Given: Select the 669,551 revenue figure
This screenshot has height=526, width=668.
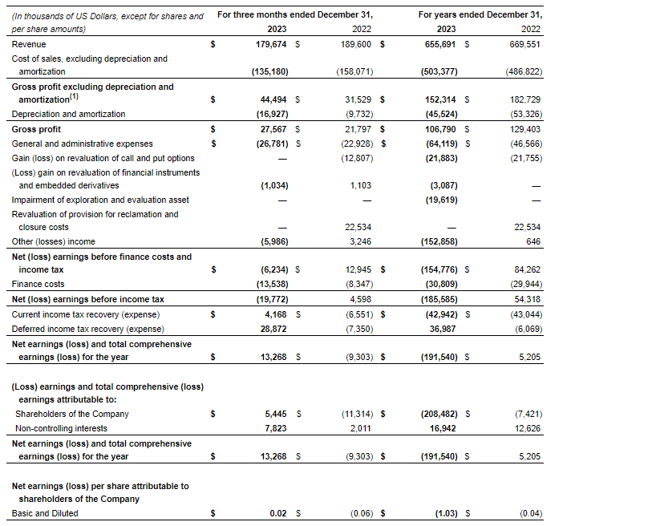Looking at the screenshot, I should [x=524, y=44].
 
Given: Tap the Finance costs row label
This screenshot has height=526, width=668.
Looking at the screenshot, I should [x=38, y=284].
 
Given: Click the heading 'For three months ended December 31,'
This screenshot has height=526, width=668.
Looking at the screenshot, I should [x=296, y=15].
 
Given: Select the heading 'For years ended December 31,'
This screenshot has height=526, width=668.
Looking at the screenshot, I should [x=481, y=15].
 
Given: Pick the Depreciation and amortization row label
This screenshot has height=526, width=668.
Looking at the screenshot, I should [x=68, y=114].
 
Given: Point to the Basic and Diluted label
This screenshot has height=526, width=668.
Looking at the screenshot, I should [x=45, y=513].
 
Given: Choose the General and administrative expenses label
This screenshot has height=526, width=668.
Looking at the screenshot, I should [x=82, y=144].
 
